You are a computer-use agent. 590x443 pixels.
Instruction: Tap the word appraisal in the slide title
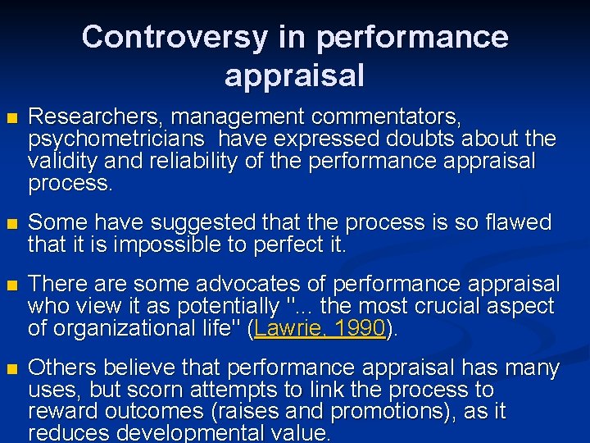294,75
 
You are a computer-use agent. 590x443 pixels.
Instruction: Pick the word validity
61,161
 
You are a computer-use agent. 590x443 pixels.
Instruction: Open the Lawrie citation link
288,328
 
